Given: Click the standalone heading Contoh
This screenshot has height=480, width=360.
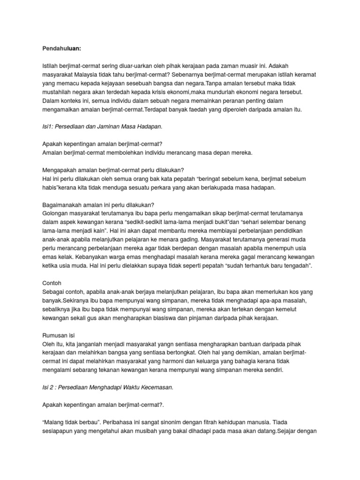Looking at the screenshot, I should pos(52,284).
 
